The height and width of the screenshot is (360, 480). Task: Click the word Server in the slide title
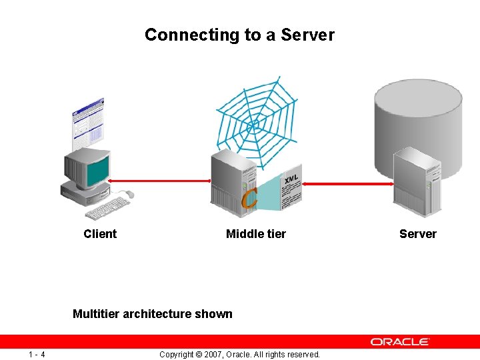[x=309, y=35]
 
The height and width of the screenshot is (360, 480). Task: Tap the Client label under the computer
[x=100, y=234]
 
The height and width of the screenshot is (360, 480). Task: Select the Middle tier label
[x=256, y=234]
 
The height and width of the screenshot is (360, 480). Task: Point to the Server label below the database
[x=418, y=234]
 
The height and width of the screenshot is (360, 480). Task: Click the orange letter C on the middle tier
[x=249, y=198]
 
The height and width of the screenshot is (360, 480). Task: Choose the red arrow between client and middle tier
[x=160, y=181]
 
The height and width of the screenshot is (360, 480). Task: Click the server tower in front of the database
[x=417, y=182]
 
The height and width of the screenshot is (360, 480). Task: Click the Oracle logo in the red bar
[x=400, y=341]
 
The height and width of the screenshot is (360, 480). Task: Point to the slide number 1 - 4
[x=37, y=354]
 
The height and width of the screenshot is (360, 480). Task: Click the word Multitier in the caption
[x=96, y=314]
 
